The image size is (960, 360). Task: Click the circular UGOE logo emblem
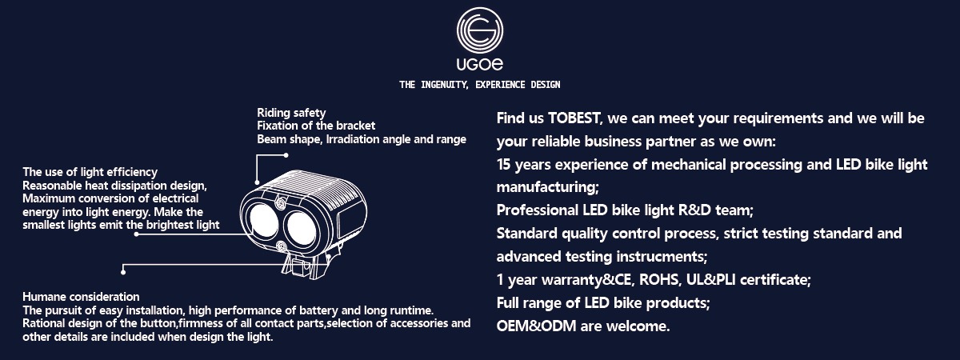[479, 30]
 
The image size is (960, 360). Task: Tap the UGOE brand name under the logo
[479, 64]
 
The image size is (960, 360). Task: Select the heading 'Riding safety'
[291, 113]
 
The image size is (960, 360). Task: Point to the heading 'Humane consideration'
[81, 297]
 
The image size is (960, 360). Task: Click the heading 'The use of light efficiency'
[90, 172]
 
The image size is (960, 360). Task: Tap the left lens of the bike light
[263, 220]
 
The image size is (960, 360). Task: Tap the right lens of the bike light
[302, 228]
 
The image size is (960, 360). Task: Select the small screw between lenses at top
[281, 203]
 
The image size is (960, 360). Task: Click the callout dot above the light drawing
[286, 155]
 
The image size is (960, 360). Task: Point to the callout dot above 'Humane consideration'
[123, 272]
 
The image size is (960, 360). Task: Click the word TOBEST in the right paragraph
[574, 118]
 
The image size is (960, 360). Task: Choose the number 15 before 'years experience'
[503, 165]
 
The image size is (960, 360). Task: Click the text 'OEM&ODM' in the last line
[536, 326]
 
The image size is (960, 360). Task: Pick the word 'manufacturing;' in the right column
[548, 187]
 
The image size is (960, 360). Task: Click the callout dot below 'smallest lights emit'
[136, 234]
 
